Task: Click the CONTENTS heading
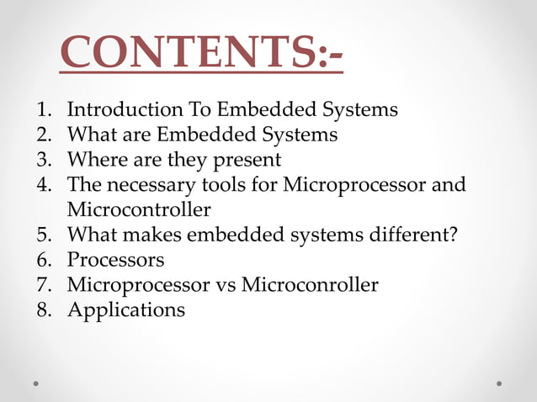click(202, 54)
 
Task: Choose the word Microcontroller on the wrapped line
click(139, 209)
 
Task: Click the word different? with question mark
click(412, 234)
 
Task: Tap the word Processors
click(115, 259)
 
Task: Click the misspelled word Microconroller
click(310, 284)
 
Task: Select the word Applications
click(126, 310)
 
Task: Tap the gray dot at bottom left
click(36, 383)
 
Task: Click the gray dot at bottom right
click(499, 383)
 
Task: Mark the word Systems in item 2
click(299, 135)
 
